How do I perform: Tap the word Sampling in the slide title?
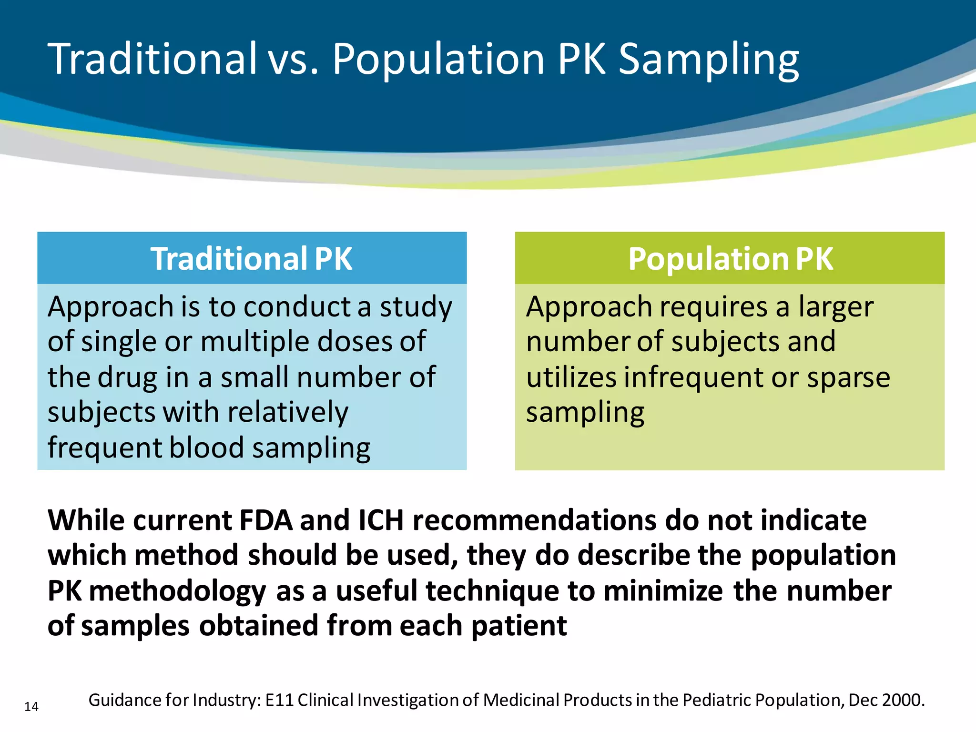709,60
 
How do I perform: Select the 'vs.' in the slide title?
293,60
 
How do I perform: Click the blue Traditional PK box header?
252,259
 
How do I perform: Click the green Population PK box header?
730,259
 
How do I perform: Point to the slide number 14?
31,706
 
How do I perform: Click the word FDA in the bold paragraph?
265,520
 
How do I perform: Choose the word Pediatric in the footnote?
716,700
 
